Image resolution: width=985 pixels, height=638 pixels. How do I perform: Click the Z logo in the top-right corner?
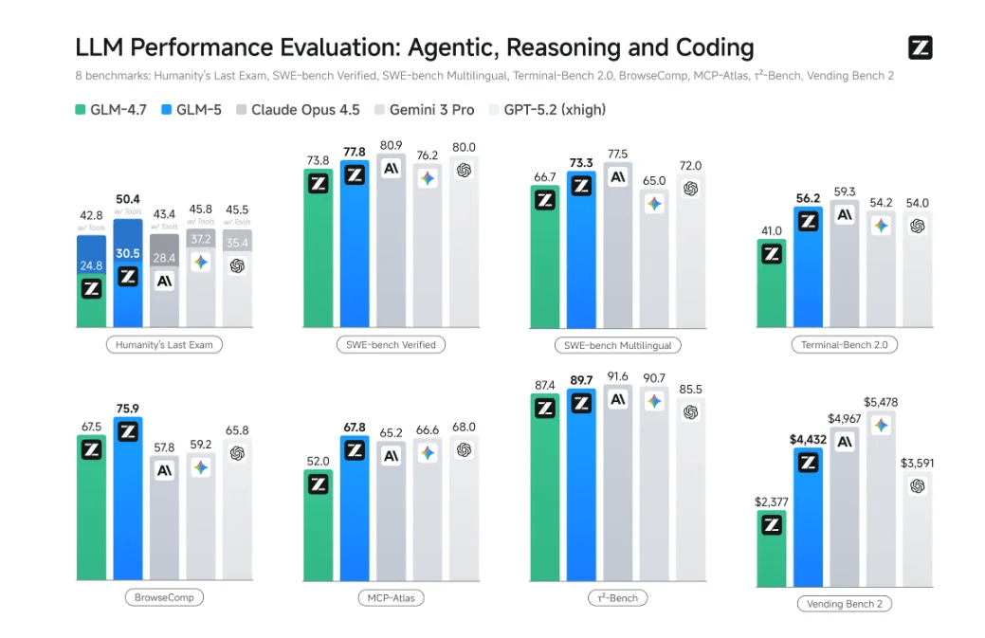click(919, 47)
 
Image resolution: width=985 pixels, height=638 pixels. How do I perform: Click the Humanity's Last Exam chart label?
click(164, 344)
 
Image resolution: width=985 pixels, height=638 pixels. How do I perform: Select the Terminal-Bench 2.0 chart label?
click(843, 345)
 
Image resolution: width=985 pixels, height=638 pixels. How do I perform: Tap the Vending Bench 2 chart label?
click(843, 603)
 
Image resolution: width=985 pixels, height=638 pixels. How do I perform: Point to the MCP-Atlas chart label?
click(391, 597)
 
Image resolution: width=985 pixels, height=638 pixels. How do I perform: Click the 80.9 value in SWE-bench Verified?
click(390, 145)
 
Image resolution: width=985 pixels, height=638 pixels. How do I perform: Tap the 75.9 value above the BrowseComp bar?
click(128, 410)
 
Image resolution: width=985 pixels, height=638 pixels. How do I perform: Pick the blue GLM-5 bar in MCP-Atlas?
click(355, 512)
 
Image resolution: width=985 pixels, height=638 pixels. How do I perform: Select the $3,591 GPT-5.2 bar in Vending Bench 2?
click(917, 531)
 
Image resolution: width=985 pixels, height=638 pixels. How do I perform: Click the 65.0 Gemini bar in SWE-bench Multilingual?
click(654, 261)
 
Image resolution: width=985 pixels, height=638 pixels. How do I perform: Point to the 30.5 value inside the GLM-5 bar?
click(128, 254)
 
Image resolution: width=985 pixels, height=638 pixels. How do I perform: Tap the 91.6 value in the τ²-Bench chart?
click(617, 376)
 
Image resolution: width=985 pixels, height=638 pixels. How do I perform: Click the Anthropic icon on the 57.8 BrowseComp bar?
click(164, 470)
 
